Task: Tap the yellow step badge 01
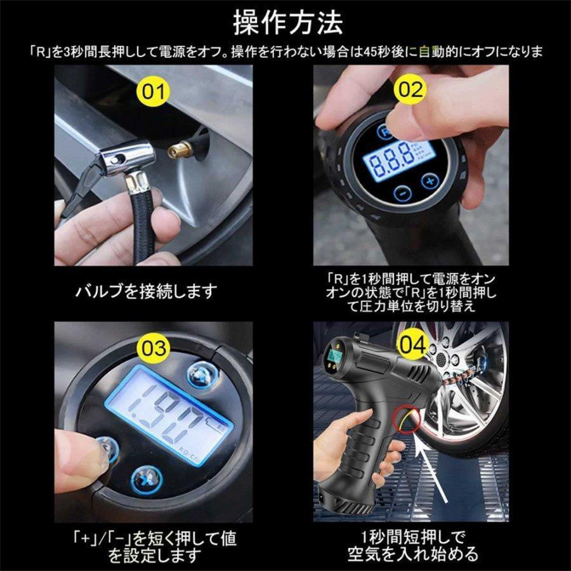pos(152,91)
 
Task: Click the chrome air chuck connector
pos(123,155)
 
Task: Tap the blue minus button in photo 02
pos(401,194)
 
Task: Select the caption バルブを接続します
pos(147,291)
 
